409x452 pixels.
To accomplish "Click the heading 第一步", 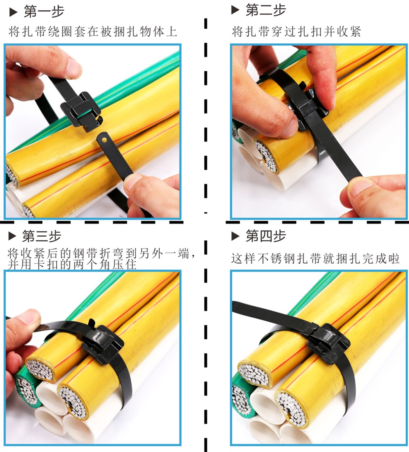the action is [x=44, y=11].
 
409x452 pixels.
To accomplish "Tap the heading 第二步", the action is [x=265, y=10].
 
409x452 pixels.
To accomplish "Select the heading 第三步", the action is [x=42, y=236].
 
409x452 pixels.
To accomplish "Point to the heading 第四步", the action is [x=265, y=236].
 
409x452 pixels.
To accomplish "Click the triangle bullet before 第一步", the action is [x=13, y=12].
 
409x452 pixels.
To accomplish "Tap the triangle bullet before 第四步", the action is [x=235, y=236].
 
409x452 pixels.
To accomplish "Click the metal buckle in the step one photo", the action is [x=82, y=111].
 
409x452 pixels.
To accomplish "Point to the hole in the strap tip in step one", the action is [x=104, y=140].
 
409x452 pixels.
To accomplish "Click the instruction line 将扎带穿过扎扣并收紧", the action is [x=297, y=32].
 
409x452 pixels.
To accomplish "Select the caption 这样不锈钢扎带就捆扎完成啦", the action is [x=315, y=258].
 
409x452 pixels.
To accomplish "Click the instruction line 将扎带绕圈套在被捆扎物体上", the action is [x=93, y=32].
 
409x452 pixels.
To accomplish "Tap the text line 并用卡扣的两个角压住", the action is [x=72, y=264].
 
